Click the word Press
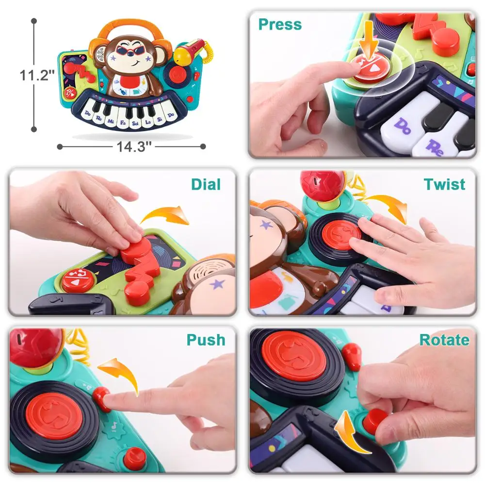[x=280, y=24]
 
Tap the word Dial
[x=206, y=184]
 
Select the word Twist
[x=444, y=184]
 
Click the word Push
[x=206, y=340]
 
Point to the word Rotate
[x=444, y=340]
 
